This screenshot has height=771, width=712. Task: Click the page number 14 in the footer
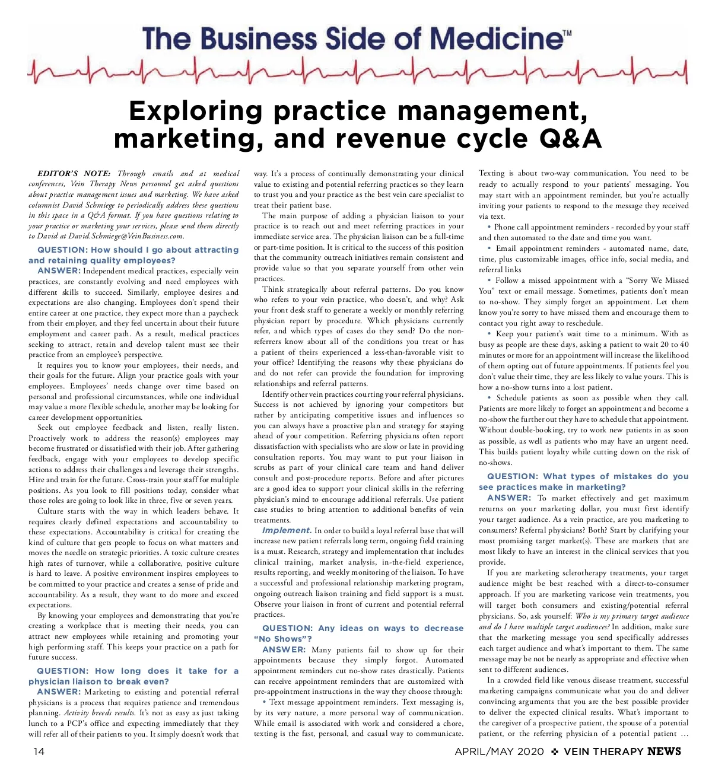click(x=39, y=751)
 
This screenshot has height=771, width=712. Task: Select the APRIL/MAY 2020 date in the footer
click(x=499, y=751)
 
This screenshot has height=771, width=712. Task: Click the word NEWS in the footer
click(x=664, y=751)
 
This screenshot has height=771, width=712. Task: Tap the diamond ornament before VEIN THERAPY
click(x=555, y=751)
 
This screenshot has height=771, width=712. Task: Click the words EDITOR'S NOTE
click(x=74, y=174)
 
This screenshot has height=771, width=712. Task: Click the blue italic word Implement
click(x=287, y=530)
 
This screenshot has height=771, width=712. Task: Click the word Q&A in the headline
click(x=570, y=139)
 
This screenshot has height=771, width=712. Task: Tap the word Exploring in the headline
click(x=195, y=111)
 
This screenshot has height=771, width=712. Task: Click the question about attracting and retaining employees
click(x=133, y=255)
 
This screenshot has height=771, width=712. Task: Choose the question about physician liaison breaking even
click(x=133, y=676)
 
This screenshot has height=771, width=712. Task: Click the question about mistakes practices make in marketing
click(x=584, y=482)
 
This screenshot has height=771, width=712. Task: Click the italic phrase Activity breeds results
click(x=99, y=713)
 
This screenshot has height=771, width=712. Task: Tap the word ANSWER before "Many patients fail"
click(x=284, y=649)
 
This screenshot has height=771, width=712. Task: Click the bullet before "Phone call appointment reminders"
click(x=490, y=227)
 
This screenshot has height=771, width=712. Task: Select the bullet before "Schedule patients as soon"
click(x=490, y=398)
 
